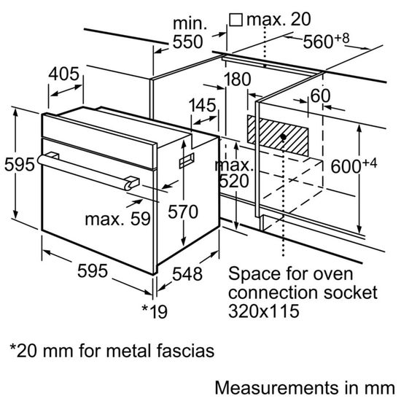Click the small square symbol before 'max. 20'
point(236,17)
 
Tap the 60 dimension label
point(320,96)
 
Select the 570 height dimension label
point(183,213)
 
